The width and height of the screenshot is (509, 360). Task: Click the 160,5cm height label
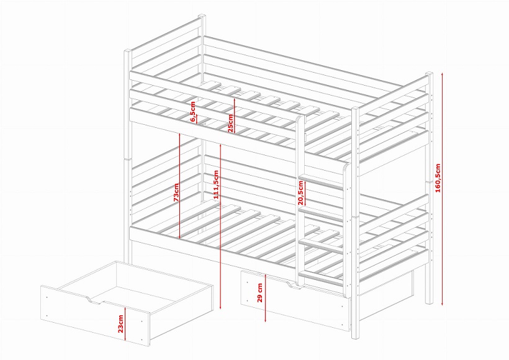[x=438, y=178]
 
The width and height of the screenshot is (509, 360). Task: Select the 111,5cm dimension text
[x=216, y=185]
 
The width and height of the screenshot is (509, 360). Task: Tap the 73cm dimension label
[x=176, y=192]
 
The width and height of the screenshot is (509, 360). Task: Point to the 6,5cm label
[x=193, y=112]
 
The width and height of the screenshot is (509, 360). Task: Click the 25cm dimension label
[x=230, y=124]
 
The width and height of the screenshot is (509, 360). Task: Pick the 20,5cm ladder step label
[x=300, y=193]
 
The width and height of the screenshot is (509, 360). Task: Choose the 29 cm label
[x=259, y=292]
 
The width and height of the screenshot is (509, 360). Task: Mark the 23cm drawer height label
[x=121, y=323]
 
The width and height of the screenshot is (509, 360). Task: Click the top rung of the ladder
[x=321, y=182]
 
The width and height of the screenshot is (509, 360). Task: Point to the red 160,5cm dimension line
[x=442, y=189]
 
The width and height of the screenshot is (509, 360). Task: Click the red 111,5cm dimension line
[x=220, y=227]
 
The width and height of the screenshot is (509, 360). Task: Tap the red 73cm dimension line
[x=179, y=185]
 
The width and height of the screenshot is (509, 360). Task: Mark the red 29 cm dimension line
[x=266, y=298]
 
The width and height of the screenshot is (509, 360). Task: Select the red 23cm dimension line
[x=125, y=324]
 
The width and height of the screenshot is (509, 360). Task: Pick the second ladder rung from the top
[x=321, y=214]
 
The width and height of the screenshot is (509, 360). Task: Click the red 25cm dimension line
[x=235, y=115]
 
